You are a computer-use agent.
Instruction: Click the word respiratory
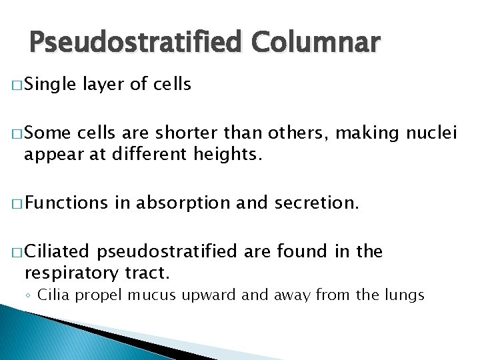point(71,273)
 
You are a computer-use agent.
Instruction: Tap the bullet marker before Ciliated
point(17,252)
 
